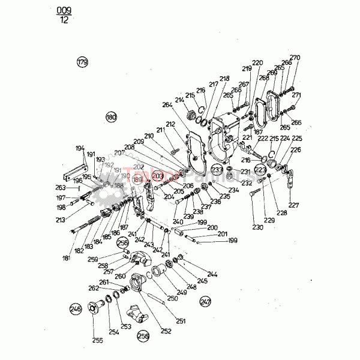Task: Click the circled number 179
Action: [x=82, y=62]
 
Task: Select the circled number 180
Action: [x=110, y=117]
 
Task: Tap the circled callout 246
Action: [x=75, y=310]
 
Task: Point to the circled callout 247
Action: [x=205, y=302]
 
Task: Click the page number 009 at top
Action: [x=62, y=11]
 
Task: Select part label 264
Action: [x=166, y=105]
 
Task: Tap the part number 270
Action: [x=295, y=58]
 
